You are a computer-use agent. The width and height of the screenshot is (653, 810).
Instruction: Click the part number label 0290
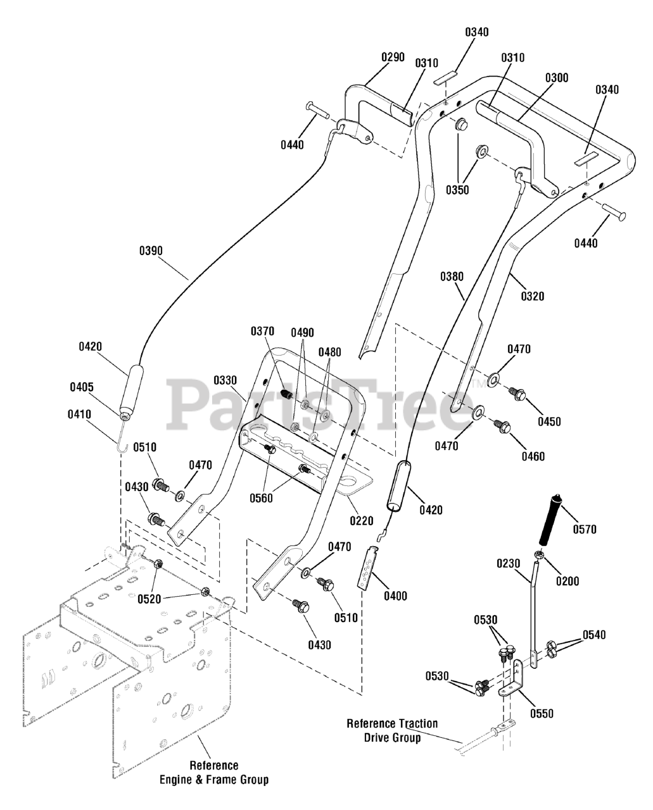tap(393, 57)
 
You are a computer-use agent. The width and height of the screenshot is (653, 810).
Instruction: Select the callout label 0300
tap(557, 78)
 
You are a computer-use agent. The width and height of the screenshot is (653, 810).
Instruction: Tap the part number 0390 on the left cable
tap(151, 251)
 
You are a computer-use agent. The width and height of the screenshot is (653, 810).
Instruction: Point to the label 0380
tap(452, 277)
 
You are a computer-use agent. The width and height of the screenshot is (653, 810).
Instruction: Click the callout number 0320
tap(533, 296)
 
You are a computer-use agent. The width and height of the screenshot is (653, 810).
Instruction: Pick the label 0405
tap(82, 387)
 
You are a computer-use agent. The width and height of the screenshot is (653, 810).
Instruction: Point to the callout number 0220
tap(362, 521)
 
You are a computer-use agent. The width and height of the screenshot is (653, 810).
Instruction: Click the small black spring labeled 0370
tap(287, 394)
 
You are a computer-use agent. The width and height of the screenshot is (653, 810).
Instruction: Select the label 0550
tap(542, 713)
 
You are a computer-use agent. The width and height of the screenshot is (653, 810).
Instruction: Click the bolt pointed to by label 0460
tap(502, 427)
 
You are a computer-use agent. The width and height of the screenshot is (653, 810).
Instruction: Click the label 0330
tap(225, 380)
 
